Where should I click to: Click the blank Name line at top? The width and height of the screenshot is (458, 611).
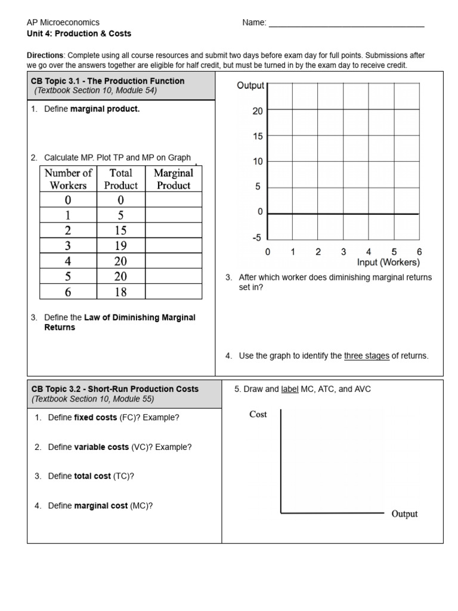pyautogui.click(x=346, y=25)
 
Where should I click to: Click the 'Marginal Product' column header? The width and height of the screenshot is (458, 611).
pyautogui.click(x=174, y=179)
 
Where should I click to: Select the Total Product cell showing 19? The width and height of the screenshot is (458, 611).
pyautogui.click(x=120, y=246)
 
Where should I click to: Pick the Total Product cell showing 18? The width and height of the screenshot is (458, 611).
pyautogui.click(x=120, y=292)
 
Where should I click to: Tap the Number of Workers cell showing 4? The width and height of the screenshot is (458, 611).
pyautogui.click(x=68, y=261)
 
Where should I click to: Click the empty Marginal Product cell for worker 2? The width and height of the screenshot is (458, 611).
pyautogui.click(x=174, y=230)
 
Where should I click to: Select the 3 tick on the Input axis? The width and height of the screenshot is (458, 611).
pyautogui.click(x=343, y=252)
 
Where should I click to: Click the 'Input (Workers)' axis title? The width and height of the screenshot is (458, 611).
pyautogui.click(x=388, y=262)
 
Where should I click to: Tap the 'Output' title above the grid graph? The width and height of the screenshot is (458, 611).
pyautogui.click(x=250, y=85)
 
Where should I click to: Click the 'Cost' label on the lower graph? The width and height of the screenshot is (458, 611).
pyautogui.click(x=258, y=414)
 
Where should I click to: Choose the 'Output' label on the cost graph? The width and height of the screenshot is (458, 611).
pyautogui.click(x=404, y=514)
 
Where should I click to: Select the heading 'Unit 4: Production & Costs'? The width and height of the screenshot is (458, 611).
pyautogui.click(x=79, y=33)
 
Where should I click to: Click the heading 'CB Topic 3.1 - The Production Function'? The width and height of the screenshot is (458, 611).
pyautogui.click(x=108, y=81)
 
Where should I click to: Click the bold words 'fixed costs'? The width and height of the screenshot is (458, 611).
pyautogui.click(x=95, y=418)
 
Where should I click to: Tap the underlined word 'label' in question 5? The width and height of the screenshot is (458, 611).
pyautogui.click(x=290, y=389)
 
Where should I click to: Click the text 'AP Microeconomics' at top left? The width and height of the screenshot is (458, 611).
pyautogui.click(x=63, y=22)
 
